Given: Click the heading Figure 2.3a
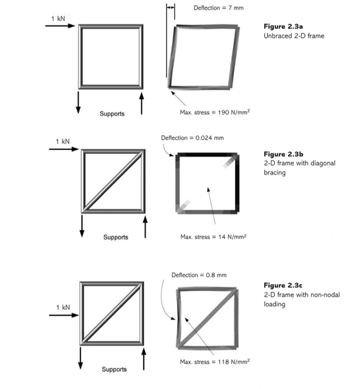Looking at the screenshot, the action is tap(283, 26).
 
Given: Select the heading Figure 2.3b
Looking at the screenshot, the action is tap(283, 154).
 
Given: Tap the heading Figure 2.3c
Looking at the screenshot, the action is tap(283, 285).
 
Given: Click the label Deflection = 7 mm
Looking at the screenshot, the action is tap(218, 8).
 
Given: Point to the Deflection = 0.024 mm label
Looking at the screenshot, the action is tap(193, 138).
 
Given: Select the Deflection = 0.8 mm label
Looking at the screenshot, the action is tap(199, 275).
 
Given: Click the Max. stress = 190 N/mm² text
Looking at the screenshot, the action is tap(215, 112).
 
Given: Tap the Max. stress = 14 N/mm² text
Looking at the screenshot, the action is tap(213, 236).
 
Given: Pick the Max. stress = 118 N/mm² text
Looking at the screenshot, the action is tap(215, 362).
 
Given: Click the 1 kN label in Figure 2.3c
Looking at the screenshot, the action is tap(63, 307).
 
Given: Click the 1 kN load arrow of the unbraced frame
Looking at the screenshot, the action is tap(60, 26).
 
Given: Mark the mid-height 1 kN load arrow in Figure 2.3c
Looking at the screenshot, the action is tap(64, 315).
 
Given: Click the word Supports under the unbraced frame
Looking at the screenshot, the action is tap(112, 114).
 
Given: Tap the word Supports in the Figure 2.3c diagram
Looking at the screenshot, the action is tap(115, 370).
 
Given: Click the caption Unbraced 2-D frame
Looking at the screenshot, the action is tap(294, 36).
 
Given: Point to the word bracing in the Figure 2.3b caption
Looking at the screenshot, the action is tap(274, 173).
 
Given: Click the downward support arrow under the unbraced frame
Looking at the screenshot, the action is tap(78, 102).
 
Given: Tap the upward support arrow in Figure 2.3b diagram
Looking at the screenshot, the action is tap(146, 227).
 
